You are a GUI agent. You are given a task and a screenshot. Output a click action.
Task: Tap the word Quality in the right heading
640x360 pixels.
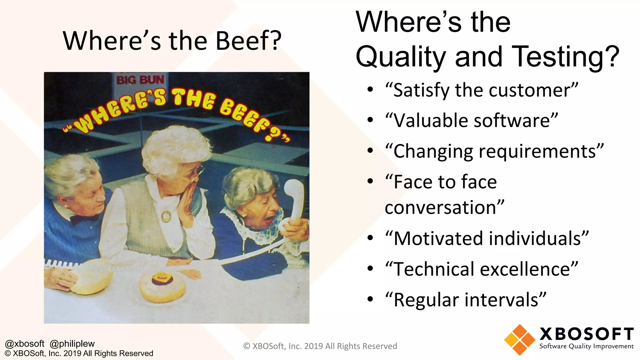[x=401, y=57]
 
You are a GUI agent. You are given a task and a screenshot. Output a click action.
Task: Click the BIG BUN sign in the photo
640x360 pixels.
[x=140, y=80]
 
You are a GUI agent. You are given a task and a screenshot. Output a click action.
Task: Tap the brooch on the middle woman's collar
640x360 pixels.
[x=166, y=216]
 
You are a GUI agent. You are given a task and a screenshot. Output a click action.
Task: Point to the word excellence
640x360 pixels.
[x=527, y=269]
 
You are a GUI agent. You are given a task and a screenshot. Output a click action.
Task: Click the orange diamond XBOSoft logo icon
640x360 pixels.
[x=519, y=340]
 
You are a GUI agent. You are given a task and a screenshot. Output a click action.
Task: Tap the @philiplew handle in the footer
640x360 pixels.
[x=72, y=344]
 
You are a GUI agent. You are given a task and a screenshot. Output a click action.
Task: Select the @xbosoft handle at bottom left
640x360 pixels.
[x=25, y=344]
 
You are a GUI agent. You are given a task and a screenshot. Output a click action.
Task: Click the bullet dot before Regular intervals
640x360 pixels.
[x=370, y=299]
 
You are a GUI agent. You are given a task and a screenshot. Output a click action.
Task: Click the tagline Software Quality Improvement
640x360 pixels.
[x=586, y=346]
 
